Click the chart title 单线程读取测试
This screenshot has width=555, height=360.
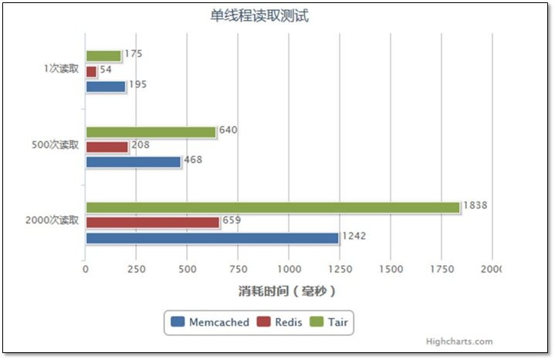(259, 15)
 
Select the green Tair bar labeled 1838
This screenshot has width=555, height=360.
(272, 207)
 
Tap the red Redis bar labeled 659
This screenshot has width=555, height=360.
(153, 222)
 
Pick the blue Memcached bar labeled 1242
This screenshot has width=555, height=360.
(212, 238)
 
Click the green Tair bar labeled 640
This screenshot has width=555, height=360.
(151, 132)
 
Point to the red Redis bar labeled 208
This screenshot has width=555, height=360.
(107, 147)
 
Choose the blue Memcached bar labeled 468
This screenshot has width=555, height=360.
(133, 162)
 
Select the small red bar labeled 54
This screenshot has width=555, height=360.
(91, 71)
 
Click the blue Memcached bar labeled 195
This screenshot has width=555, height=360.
(105, 87)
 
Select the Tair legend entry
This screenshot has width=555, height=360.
(328, 322)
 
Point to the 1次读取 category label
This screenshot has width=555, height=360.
(61, 69)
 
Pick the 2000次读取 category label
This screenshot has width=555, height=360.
(52, 220)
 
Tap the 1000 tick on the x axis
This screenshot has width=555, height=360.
(289, 269)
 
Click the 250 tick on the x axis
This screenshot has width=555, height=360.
(136, 269)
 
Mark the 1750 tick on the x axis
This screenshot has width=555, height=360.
(442, 269)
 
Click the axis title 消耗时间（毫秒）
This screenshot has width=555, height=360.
(286, 291)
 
